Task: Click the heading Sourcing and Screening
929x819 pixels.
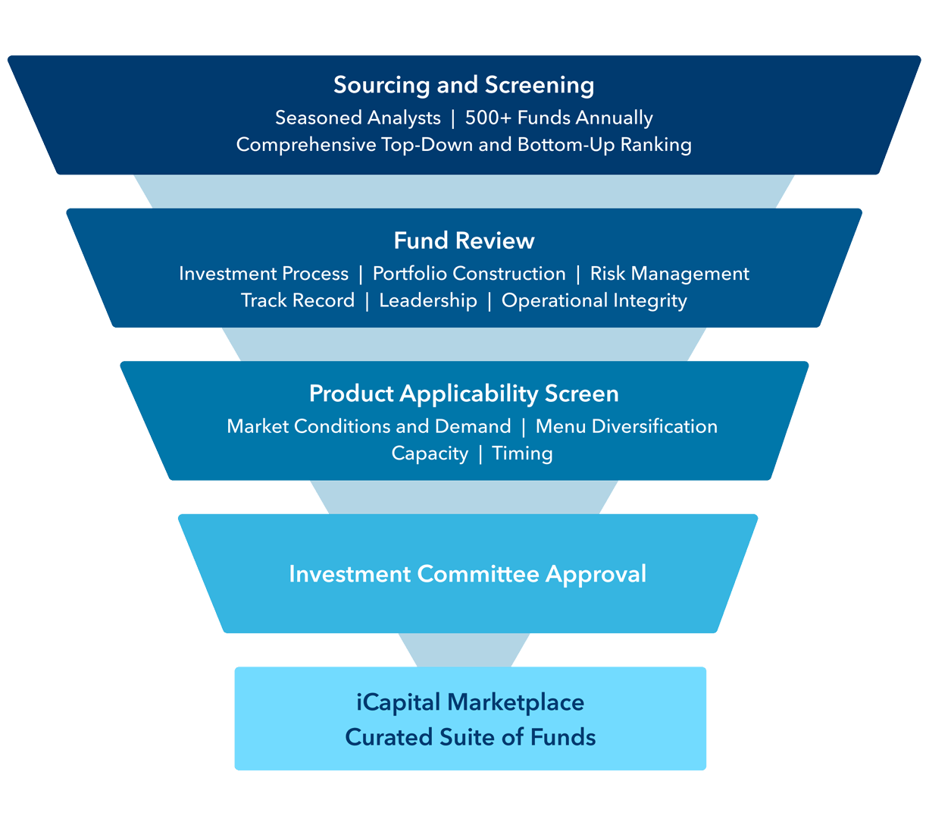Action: tap(464, 85)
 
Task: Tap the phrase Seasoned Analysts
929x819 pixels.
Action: tap(358, 118)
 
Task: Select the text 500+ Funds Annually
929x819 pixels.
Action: tap(558, 118)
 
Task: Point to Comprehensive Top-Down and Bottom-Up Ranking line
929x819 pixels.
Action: tap(464, 145)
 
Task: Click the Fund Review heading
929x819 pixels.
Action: tap(464, 241)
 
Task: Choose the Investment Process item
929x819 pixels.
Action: tap(264, 274)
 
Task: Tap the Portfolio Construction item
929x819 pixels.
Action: tap(469, 274)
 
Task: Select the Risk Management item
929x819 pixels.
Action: tap(669, 274)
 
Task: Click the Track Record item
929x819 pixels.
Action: tap(298, 301)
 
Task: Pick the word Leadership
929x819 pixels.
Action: tap(428, 301)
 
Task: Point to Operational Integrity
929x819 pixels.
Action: tap(594, 301)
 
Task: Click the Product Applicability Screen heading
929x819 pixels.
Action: tap(464, 394)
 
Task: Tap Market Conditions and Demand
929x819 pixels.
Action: tap(369, 427)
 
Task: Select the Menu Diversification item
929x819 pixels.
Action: tap(626, 427)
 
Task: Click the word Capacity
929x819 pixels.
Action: tap(430, 453)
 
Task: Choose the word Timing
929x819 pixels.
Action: tap(522, 453)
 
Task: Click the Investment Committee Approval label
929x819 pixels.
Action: tap(468, 574)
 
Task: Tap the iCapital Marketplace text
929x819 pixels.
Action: tap(470, 703)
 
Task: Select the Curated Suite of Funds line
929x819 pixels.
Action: tap(470, 737)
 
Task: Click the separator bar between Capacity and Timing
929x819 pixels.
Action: tap(480, 453)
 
